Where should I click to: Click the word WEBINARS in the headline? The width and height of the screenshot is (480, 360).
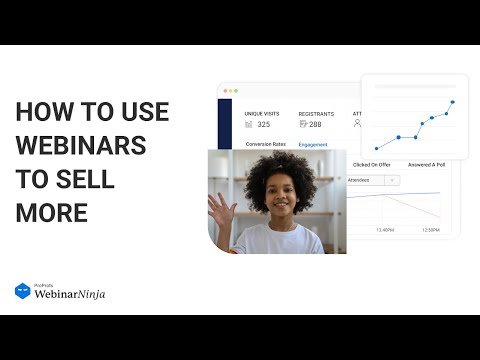coord(81,147)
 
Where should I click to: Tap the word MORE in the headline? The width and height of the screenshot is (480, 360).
coord(52,212)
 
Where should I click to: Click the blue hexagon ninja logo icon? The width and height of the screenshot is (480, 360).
coord(22,291)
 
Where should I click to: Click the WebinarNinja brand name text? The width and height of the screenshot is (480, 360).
coord(69,294)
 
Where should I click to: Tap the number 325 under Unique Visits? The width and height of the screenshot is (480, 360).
coord(263,125)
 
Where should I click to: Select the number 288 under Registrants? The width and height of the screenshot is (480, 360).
coord(315,125)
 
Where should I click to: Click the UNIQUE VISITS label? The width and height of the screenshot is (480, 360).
coord(264,114)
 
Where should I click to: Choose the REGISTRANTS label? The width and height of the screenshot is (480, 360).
coord(316,114)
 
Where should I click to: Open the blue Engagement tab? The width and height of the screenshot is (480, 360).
coord(313,144)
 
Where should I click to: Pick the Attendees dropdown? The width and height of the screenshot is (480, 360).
coord(373,180)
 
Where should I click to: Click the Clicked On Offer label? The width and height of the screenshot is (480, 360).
coord(371,164)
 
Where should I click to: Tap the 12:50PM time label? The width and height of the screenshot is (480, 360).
coord(431,230)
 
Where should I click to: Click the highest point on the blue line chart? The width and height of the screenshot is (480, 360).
coord(452,102)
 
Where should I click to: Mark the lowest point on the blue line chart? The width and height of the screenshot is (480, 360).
coord(376,148)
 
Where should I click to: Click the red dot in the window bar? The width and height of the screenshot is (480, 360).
coord(225,90)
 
